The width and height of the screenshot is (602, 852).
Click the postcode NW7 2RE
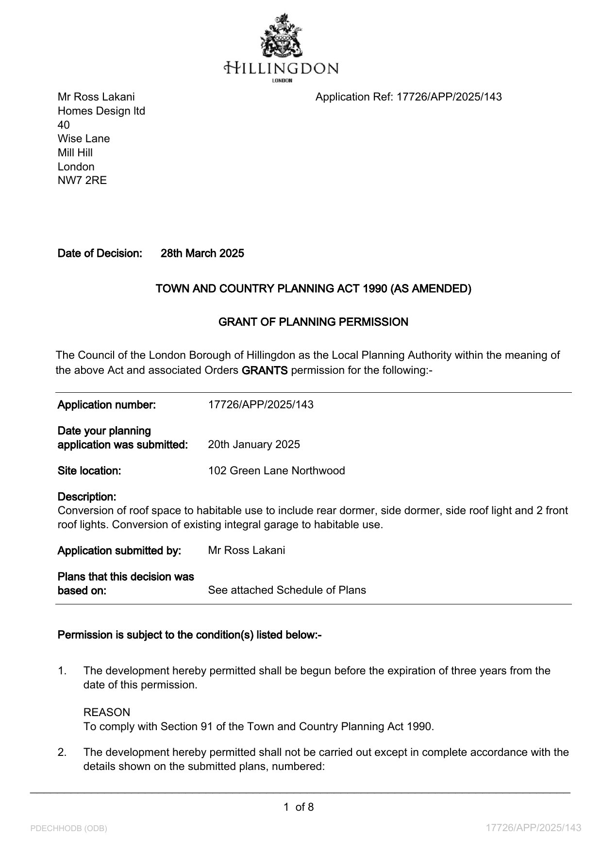click(82, 181)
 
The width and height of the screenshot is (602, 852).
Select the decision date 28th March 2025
click(202, 253)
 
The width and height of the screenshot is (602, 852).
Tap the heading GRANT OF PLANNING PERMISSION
click(313, 322)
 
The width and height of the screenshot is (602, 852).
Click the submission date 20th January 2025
click(254, 445)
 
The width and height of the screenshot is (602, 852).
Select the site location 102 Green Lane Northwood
click(276, 471)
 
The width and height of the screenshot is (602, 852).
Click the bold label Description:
click(87, 497)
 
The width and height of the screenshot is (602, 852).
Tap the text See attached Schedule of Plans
click(287, 590)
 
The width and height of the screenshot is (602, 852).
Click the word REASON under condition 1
click(107, 713)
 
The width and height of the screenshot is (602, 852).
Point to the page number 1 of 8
click(299, 807)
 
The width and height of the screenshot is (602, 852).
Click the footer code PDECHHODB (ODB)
click(68, 828)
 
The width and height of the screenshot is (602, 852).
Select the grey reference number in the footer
click(534, 828)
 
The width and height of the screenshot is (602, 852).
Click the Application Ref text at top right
click(408, 97)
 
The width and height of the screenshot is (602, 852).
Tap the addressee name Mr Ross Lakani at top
click(96, 97)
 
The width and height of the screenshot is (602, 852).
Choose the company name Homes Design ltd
click(101, 111)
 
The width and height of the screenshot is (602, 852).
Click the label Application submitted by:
click(119, 551)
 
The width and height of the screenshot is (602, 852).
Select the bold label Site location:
click(89, 471)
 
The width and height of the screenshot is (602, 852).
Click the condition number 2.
click(62, 752)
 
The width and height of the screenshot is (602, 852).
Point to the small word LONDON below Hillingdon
click(282, 81)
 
